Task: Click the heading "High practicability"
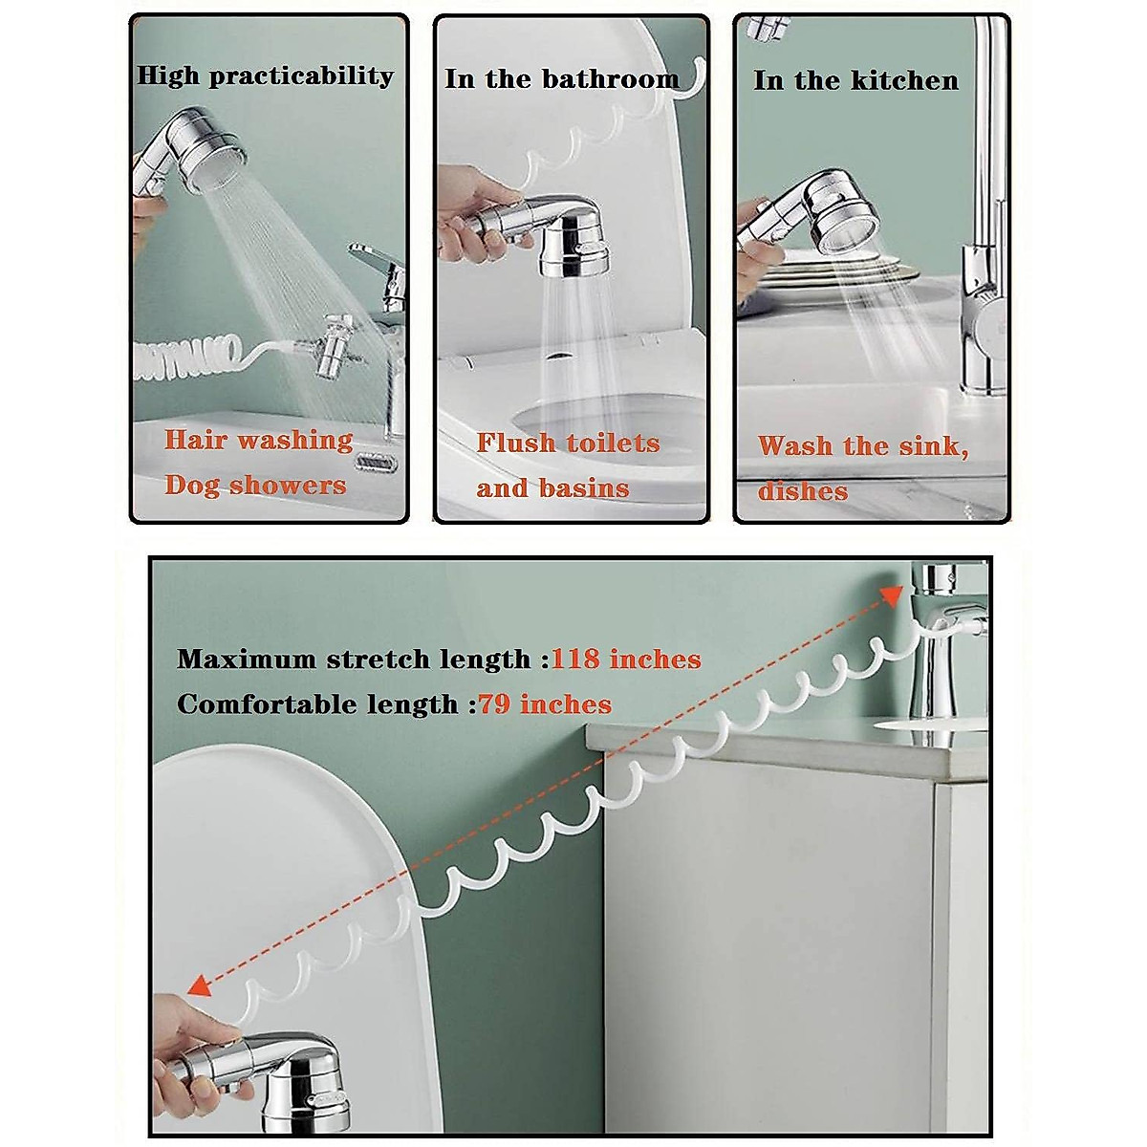tap(265, 76)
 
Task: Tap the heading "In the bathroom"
tap(561, 79)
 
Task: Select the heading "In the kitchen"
tap(855, 81)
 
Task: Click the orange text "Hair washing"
tap(258, 440)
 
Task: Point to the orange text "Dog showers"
tap(255, 486)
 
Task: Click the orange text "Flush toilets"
tap(568, 443)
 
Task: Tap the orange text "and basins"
tap(552, 488)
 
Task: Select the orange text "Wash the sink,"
tap(863, 446)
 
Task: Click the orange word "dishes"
tap(803, 491)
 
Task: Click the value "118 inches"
tap(626, 660)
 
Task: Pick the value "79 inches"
tap(545, 704)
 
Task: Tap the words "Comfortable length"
tap(317, 704)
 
